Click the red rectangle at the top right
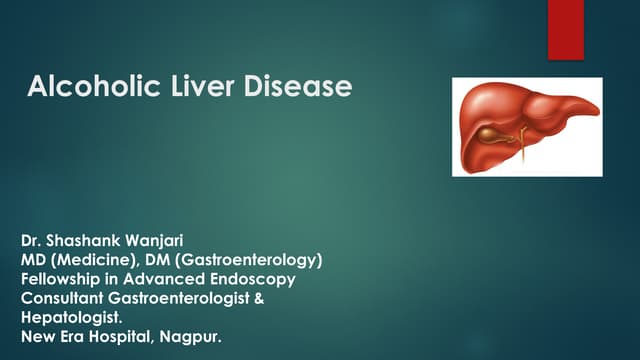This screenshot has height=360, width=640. click(x=565, y=30)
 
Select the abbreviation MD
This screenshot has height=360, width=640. click(x=33, y=261)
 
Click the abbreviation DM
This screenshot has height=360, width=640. click(x=149, y=261)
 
